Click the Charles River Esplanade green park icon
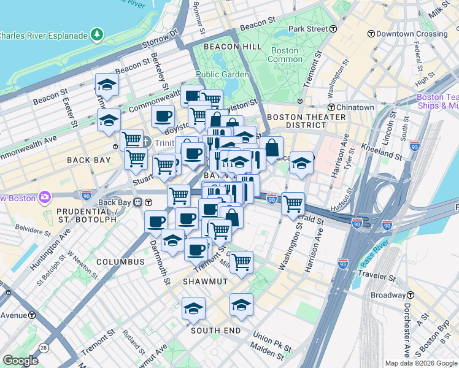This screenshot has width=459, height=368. pyautogui.click(x=98, y=36)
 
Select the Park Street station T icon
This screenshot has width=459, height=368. pyautogui.click(x=333, y=29)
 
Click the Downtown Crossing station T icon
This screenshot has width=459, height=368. pyautogui.click(x=371, y=34)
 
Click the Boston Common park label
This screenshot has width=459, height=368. pyautogui.click(x=284, y=55)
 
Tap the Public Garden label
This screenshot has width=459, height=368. pyautogui.click(x=223, y=75)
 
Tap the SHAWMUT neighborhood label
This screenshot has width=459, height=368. pyautogui.click(x=205, y=281)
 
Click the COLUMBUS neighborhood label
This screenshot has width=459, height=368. pyautogui.click(x=120, y=262)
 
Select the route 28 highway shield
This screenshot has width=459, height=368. pyautogui.click(x=44, y=348)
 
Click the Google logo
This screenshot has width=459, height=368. pyautogui.click(x=21, y=361)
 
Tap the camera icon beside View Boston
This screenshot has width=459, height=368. pyautogui.click(x=44, y=197)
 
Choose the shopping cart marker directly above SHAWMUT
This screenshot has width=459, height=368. pyautogui.click(x=241, y=262)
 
